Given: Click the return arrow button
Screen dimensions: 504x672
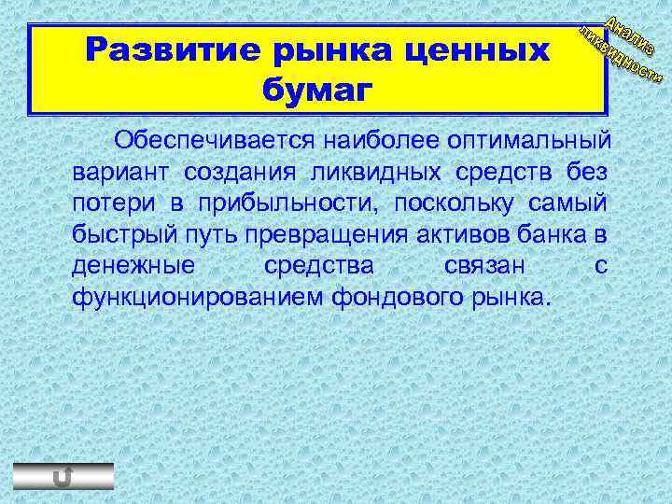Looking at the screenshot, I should (x=63, y=476).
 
